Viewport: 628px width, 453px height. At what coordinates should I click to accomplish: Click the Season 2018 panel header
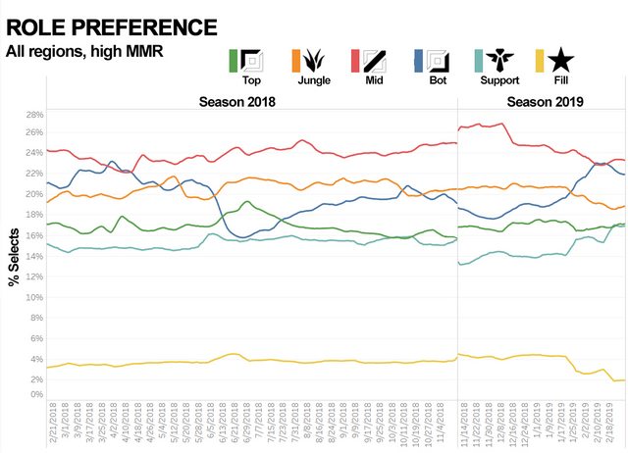(237, 101)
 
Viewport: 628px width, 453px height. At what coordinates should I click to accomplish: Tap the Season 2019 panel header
(546, 101)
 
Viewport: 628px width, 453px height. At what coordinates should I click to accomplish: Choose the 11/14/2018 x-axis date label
(463, 424)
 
